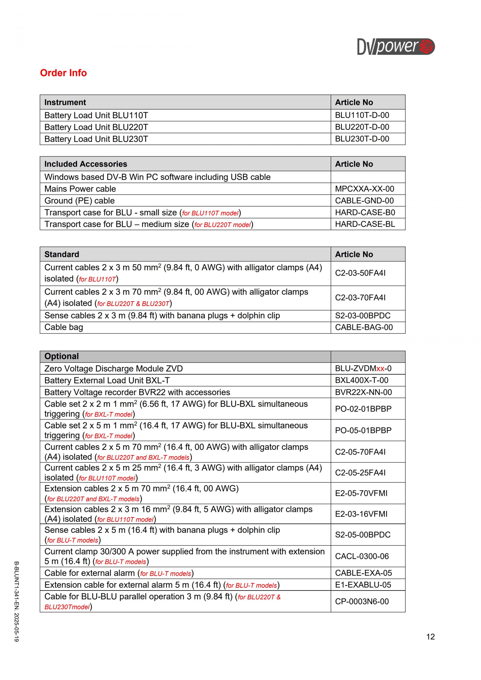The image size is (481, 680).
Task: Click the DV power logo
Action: click(396, 47)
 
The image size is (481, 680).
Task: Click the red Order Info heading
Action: click(63, 73)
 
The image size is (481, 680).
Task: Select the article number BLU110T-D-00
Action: click(362, 115)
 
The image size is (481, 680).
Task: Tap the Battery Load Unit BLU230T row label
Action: click(96, 139)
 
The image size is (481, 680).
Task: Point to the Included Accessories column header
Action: click(86, 164)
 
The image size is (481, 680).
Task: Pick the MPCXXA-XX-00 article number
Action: click(364, 189)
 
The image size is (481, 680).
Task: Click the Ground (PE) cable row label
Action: click(79, 201)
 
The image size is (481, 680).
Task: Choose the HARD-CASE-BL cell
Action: click(365, 224)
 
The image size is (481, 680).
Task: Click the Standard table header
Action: click(62, 254)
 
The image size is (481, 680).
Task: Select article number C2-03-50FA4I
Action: click(360, 273)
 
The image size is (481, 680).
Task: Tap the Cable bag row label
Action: click(64, 327)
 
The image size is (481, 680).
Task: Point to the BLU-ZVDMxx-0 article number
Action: click(363, 368)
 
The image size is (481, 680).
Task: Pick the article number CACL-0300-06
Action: click(362, 556)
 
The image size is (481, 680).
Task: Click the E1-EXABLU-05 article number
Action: click(363, 585)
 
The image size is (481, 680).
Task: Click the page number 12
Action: click(430, 637)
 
